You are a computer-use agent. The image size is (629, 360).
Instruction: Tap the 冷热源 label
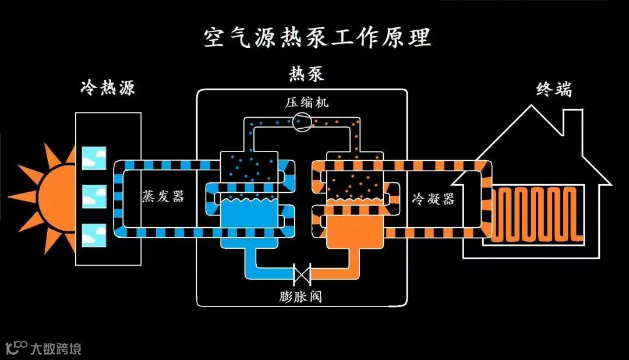click(x=108, y=89)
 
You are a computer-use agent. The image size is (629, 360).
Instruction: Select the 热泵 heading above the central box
click(x=306, y=75)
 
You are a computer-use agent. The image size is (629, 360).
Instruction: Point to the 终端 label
click(x=553, y=90)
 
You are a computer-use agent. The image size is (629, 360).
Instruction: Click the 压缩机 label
click(x=306, y=103)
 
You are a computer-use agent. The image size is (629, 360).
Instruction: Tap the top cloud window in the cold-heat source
click(x=94, y=158)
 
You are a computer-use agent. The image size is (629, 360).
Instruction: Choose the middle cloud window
click(x=94, y=196)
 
